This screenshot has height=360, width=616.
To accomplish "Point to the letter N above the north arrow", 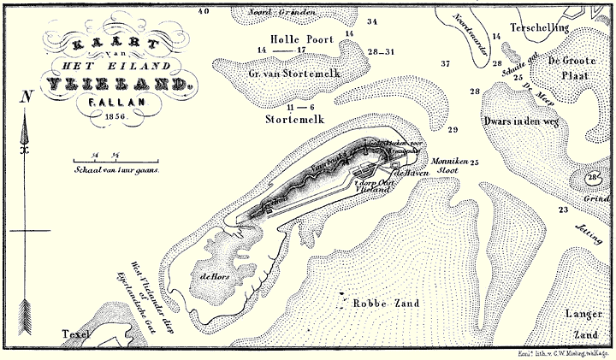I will pos(27,97).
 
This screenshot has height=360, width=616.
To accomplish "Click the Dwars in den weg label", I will pos(520,121).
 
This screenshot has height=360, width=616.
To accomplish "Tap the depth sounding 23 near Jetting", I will pos(562,210).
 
